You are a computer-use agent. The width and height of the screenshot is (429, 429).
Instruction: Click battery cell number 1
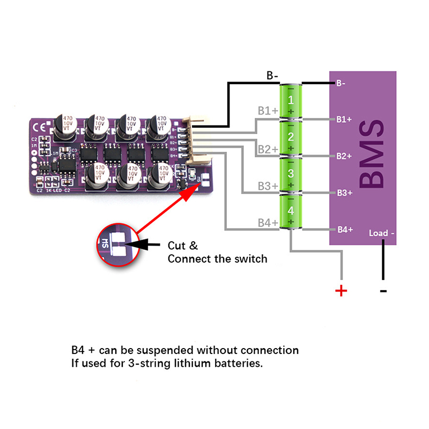[291, 101]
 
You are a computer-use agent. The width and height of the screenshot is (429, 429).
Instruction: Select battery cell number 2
[291, 138]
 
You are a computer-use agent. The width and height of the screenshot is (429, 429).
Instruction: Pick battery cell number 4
[291, 211]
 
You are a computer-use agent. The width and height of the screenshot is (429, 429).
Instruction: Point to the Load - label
[382, 233]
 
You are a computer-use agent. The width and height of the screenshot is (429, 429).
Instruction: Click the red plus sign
[341, 291]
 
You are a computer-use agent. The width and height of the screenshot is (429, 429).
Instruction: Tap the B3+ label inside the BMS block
[344, 193]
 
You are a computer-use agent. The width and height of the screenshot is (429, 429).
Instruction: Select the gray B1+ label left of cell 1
[267, 111]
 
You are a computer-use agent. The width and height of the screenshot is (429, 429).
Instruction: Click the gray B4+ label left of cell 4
[267, 222]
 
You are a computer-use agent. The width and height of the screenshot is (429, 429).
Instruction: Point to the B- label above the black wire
[272, 76]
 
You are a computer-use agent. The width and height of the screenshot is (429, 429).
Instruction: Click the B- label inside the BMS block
[341, 83]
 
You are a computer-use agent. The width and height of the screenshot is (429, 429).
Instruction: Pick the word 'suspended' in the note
[165, 350]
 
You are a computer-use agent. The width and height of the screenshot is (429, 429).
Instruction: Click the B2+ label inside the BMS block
[344, 156]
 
